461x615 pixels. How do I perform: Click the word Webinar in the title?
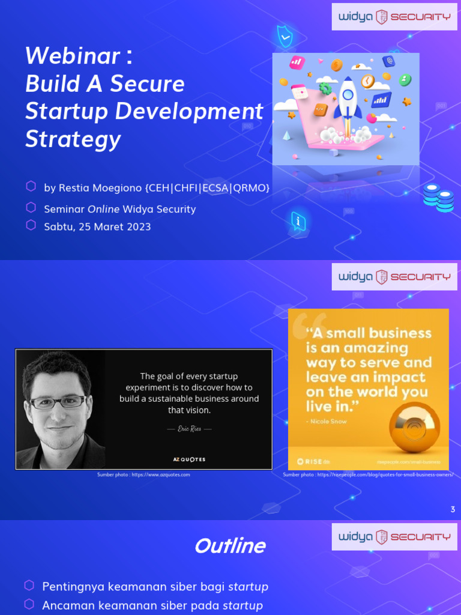pos(73,56)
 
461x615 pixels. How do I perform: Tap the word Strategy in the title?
pos(73,139)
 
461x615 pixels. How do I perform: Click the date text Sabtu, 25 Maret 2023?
pos(97,226)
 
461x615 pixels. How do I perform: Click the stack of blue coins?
pos(438,198)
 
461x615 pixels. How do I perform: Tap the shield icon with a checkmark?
pos(285,37)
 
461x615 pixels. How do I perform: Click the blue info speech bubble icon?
pos(298,221)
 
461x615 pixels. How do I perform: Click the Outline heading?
pos(229,546)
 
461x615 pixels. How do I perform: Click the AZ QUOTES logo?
pos(189,459)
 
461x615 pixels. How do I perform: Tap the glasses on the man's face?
pos(58,402)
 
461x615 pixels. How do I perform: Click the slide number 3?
pos(453,509)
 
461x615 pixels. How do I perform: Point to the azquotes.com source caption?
pos(143,474)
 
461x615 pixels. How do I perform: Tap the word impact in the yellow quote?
pos(407,377)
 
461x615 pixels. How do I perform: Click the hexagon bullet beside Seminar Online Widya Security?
pos(31,208)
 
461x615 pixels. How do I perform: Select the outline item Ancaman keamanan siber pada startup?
pos(152,605)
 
